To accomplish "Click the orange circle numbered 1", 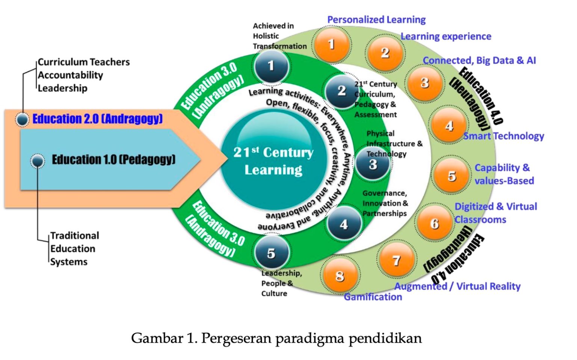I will [331, 45].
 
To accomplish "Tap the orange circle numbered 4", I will [449, 126].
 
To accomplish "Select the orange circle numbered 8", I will [340, 276].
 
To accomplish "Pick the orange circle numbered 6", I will [435, 224].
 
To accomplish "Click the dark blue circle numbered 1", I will [271, 66].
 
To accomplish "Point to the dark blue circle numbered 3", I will [373, 164].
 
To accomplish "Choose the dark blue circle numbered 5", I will [271, 253].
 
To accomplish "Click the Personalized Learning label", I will [376, 20].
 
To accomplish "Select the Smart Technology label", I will [503, 136].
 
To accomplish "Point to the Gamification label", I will [373, 297].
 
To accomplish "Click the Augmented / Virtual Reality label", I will [457, 286].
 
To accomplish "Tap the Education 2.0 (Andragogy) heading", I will [97, 119].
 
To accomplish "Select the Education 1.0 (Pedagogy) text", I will [113, 160].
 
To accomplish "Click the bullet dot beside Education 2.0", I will [23, 119].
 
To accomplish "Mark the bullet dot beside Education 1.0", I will [37, 161].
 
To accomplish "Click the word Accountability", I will [70, 75].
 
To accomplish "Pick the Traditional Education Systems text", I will [74, 248].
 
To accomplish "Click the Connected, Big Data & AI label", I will [479, 61].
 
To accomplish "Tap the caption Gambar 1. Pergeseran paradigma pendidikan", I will [276, 338].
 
